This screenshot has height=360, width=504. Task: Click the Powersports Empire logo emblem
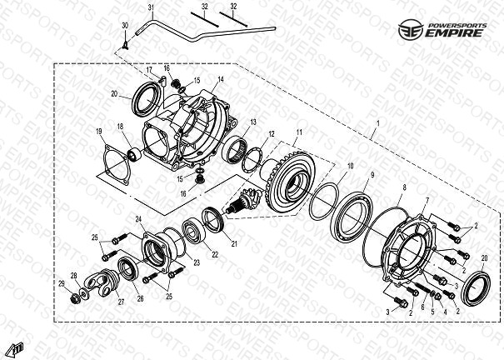pos(411,29)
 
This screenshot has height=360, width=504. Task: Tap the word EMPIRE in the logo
pos(455,32)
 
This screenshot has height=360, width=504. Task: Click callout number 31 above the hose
pos(152,7)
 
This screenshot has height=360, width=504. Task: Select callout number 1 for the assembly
pos(378,123)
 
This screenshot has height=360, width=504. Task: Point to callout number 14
pos(221,79)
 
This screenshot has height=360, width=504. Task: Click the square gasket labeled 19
pos(117,165)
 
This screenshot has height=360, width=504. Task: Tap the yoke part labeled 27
pos(102,282)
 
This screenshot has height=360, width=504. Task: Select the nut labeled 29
pos(75,299)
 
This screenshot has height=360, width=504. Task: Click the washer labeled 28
pos(84,293)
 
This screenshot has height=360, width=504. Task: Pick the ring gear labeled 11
pos(290,182)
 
